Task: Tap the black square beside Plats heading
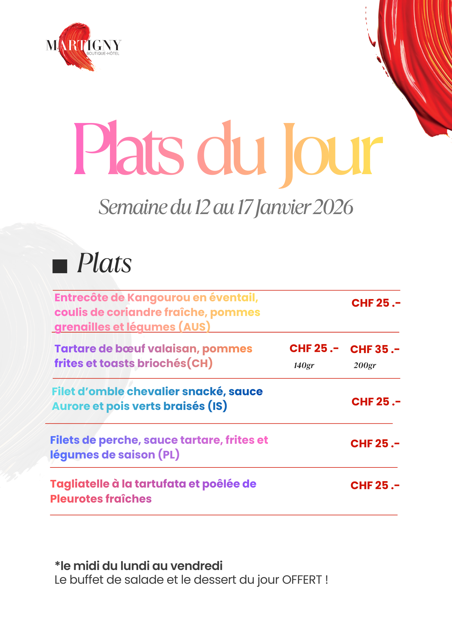tap(60, 266)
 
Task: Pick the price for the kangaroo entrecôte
tap(376, 303)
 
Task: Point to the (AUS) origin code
tap(194, 327)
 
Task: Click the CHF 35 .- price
tap(375, 349)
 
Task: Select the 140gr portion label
tap(304, 366)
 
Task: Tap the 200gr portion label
tap(364, 366)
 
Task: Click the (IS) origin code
tap(217, 406)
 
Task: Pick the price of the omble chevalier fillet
tap(376, 402)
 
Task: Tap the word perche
tap(118, 440)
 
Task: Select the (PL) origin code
tap(169, 455)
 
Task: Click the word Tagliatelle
tap(80, 484)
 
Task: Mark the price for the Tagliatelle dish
tap(375, 485)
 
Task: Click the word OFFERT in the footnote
tap(302, 580)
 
